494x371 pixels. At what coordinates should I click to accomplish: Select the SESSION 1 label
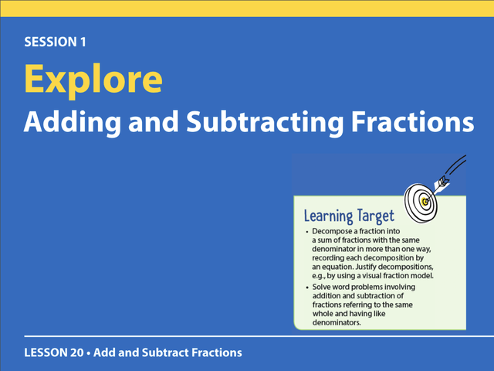[55, 42]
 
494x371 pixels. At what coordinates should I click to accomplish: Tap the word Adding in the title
[72, 123]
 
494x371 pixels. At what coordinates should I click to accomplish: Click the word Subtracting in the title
[265, 123]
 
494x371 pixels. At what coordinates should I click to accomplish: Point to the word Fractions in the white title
[412, 121]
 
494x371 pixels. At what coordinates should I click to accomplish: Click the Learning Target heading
[349, 216]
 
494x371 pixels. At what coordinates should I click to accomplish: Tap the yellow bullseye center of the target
[425, 202]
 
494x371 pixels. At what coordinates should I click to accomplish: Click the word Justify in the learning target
[366, 267]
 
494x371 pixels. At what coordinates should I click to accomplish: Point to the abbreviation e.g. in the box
[319, 276]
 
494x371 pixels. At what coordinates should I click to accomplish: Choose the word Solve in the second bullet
[321, 287]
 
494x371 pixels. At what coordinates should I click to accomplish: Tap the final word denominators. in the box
[337, 322]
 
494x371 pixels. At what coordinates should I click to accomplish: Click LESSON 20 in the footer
[54, 352]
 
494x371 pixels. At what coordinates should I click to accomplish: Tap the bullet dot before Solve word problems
[307, 288]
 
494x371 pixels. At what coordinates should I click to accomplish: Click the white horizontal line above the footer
[259, 336]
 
